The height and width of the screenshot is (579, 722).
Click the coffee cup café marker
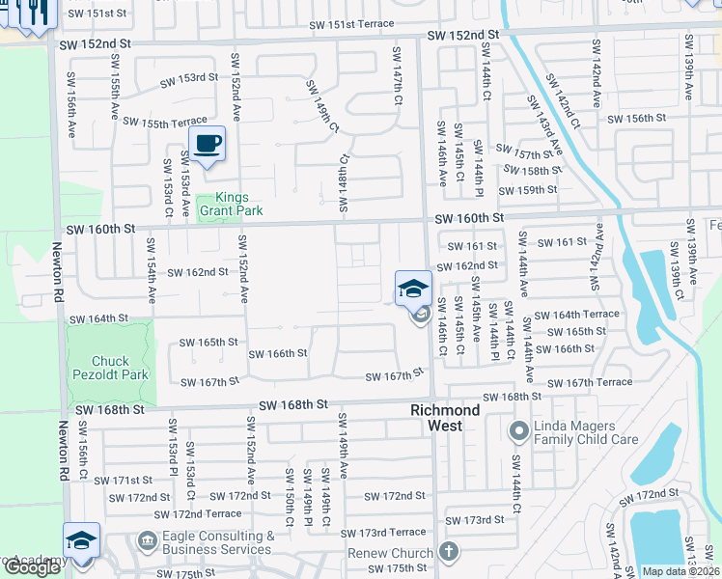click(x=207, y=145)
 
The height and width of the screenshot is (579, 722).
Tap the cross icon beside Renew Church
click(x=447, y=552)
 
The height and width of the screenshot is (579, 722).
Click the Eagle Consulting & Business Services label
click(x=218, y=542)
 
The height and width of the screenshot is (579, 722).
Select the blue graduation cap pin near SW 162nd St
click(x=412, y=287)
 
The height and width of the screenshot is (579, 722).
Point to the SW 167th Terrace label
click(x=599, y=383)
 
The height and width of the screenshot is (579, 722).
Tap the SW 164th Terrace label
click(x=577, y=315)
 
